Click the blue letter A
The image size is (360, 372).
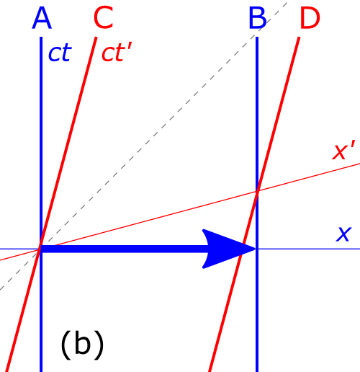pyautogui.click(x=42, y=18)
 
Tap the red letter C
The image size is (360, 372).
pyautogui.click(x=104, y=17)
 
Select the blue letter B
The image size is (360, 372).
pyautogui.click(x=258, y=18)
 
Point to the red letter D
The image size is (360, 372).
pyautogui.click(x=310, y=18)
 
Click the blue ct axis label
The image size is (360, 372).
pyautogui.click(x=60, y=53)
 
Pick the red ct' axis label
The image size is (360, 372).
pyautogui.click(x=117, y=53)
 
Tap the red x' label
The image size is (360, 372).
pyautogui.click(x=343, y=151)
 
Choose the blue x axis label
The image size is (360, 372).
pyautogui.click(x=343, y=234)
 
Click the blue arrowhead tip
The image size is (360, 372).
pyautogui.click(x=256, y=249)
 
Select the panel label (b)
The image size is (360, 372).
pyautogui.click(x=82, y=345)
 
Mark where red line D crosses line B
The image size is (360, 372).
pyautogui.click(x=257, y=192)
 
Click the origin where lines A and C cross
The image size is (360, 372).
pyautogui.click(x=40, y=249)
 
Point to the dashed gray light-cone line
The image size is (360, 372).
pyautogui.click(x=143, y=146)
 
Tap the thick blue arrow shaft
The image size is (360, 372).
pyautogui.click(x=124, y=249)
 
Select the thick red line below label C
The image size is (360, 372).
pyautogui.click(x=51, y=204)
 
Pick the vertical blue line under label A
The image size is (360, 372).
pyautogui.click(x=41, y=204)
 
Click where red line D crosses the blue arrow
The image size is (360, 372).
pyautogui.click(x=242, y=249)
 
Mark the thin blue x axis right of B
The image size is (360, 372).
pyautogui.click(x=309, y=249)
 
